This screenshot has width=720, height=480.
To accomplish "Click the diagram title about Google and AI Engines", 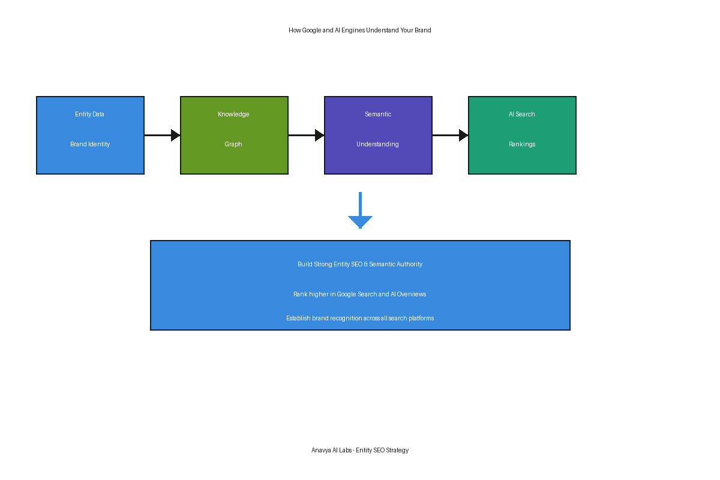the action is point(359,30).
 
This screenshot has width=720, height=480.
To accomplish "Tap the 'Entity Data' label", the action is point(89,114).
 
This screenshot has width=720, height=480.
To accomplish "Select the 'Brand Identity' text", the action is point(90,144).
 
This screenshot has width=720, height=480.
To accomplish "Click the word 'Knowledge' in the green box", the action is point(233,114).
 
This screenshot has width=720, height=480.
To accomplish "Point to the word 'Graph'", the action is point(233,144).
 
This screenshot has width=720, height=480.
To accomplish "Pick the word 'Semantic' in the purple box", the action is point(378,114).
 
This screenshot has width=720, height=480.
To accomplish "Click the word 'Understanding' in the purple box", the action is point(377,144).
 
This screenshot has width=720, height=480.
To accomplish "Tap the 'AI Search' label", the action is point(521,114).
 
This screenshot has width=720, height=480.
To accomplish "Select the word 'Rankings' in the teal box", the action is point(522,144).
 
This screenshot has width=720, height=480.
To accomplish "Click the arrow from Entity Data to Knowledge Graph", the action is point(163,136).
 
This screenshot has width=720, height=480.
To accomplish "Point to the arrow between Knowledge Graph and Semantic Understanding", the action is point(307,136).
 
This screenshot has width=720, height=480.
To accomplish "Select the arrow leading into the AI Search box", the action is point(451,136).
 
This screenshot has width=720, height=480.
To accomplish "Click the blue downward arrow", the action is point(361,210).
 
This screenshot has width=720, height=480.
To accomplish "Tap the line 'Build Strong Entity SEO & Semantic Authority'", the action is point(360,264).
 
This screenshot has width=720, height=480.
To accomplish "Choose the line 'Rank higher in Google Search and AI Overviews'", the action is point(359,294).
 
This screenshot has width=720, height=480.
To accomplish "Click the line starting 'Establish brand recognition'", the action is point(360,318).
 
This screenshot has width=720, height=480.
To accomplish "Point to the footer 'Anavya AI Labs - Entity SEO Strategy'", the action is point(360,450).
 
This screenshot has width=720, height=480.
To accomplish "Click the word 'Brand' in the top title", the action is point(422,30).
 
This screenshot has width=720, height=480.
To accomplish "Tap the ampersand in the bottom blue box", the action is point(366,264).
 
